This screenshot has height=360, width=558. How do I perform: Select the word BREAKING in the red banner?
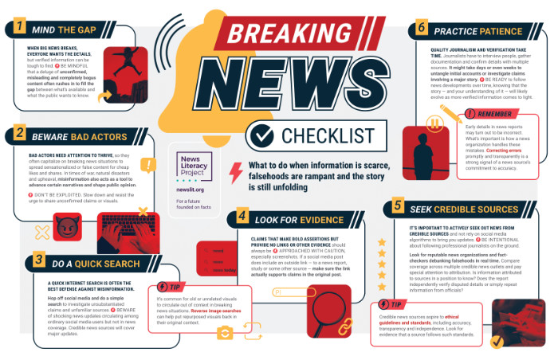277,34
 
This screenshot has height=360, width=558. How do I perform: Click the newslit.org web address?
191,190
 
